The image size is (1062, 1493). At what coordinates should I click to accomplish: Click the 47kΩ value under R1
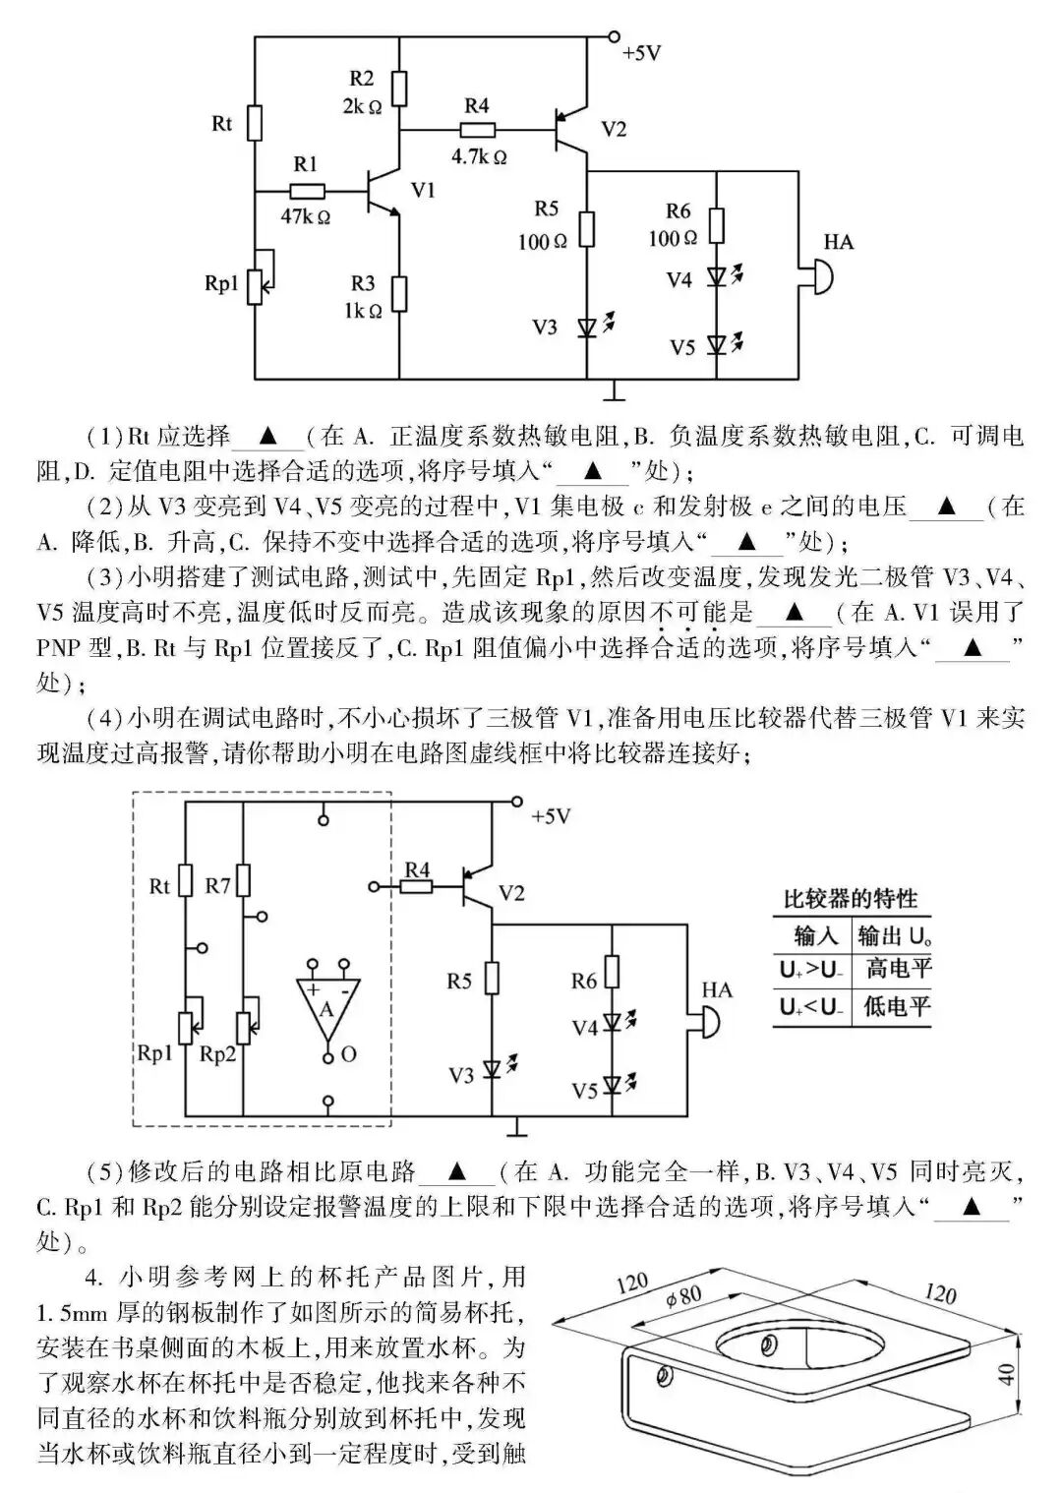pyautogui.click(x=305, y=216)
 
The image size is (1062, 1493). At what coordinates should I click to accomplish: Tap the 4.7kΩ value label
pyautogui.click(x=479, y=156)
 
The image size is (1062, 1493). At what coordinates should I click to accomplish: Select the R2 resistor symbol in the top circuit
pyautogui.click(x=399, y=89)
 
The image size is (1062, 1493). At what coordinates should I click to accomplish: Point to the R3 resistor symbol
pyautogui.click(x=399, y=294)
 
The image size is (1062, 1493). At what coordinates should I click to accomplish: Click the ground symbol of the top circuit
pyautogui.click(x=615, y=392)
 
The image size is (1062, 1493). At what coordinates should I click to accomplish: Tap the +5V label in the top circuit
pyautogui.click(x=642, y=54)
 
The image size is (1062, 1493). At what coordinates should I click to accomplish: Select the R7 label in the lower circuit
pyautogui.click(x=218, y=886)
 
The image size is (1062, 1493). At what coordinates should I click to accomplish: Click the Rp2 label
pyautogui.click(x=218, y=1053)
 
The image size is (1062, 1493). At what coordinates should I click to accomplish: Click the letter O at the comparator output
pyautogui.click(x=348, y=1055)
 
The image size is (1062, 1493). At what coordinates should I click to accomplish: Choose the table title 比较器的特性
pyautogui.click(x=850, y=899)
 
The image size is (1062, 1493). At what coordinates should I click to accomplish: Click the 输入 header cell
pyautogui.click(x=815, y=934)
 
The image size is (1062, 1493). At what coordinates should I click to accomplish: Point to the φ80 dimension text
pyautogui.click(x=683, y=1296)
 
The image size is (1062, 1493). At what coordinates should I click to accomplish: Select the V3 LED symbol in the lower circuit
pyautogui.click(x=492, y=1069)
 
